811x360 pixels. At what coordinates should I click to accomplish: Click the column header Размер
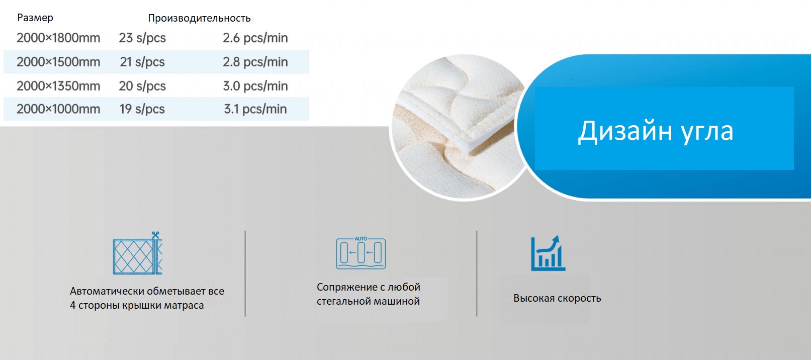35,18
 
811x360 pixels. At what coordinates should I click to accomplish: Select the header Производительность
199,18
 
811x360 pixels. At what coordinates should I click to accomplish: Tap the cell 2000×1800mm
58,38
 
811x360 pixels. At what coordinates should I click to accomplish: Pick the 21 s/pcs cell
142,62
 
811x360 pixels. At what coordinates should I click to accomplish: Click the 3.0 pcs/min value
255,86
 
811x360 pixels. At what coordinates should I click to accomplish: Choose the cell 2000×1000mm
58,109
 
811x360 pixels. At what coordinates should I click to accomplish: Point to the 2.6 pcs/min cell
255,38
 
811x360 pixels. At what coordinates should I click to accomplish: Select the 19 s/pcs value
142,109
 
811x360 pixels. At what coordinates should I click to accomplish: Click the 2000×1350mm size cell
58,86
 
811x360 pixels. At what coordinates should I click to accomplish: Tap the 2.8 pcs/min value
255,62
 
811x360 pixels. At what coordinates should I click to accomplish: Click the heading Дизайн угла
655,131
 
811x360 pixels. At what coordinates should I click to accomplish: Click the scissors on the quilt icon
156,235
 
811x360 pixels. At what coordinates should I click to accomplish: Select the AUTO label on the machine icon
361,239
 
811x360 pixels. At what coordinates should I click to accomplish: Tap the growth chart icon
548,253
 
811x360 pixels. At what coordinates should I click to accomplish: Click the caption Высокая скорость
557,298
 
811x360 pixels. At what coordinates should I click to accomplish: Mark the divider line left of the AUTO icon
245,274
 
